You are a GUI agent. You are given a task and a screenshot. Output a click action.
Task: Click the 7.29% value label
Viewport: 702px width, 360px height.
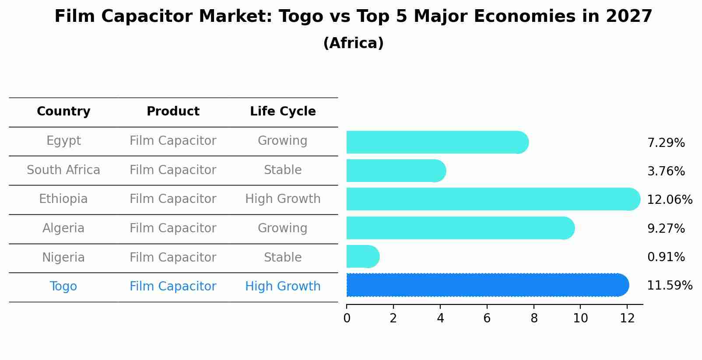pyautogui.click(x=666, y=143)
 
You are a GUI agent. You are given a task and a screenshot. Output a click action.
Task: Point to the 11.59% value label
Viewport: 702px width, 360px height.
pyautogui.click(x=669, y=286)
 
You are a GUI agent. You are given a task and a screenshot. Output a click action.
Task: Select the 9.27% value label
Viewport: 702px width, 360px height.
pyautogui.click(x=666, y=229)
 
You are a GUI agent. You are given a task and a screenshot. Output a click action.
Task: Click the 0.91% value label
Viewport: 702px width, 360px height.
pyautogui.click(x=666, y=257)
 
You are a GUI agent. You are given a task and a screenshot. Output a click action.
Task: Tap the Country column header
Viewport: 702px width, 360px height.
pyautogui.click(x=63, y=112)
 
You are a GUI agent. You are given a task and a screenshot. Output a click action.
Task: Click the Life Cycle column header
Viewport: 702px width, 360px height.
pyautogui.click(x=283, y=112)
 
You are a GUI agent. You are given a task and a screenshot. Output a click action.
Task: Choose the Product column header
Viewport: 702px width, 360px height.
pyautogui.click(x=173, y=112)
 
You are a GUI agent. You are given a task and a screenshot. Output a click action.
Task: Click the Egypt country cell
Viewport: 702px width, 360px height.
pyautogui.click(x=63, y=141)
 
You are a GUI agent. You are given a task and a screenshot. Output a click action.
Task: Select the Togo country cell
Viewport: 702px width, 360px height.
pyautogui.click(x=63, y=287)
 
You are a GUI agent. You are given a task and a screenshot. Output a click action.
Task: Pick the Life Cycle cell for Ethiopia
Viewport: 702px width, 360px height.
pyautogui.click(x=283, y=199)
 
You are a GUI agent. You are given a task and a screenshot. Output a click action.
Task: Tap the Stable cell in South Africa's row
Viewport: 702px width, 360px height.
pyautogui.click(x=283, y=170)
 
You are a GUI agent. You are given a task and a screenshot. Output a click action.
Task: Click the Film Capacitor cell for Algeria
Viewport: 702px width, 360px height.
pyautogui.click(x=173, y=228)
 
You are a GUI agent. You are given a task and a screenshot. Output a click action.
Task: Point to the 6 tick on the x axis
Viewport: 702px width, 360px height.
pyautogui.click(x=487, y=318)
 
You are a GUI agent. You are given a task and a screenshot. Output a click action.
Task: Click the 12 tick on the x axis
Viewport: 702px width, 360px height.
pyautogui.click(x=627, y=318)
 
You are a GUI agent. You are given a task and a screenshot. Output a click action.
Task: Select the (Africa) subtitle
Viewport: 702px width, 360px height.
pyautogui.click(x=353, y=43)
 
